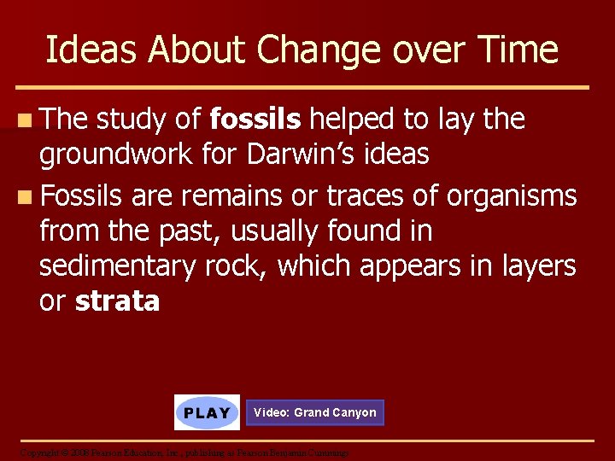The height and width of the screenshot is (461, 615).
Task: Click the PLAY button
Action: [x=207, y=412]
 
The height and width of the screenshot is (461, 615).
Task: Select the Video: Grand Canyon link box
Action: [x=314, y=412]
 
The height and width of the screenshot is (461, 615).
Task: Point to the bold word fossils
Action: [x=255, y=120]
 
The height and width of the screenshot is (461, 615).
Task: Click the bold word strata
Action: [x=117, y=301]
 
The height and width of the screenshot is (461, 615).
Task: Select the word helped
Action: [x=352, y=120]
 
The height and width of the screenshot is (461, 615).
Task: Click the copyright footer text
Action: [x=184, y=452]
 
